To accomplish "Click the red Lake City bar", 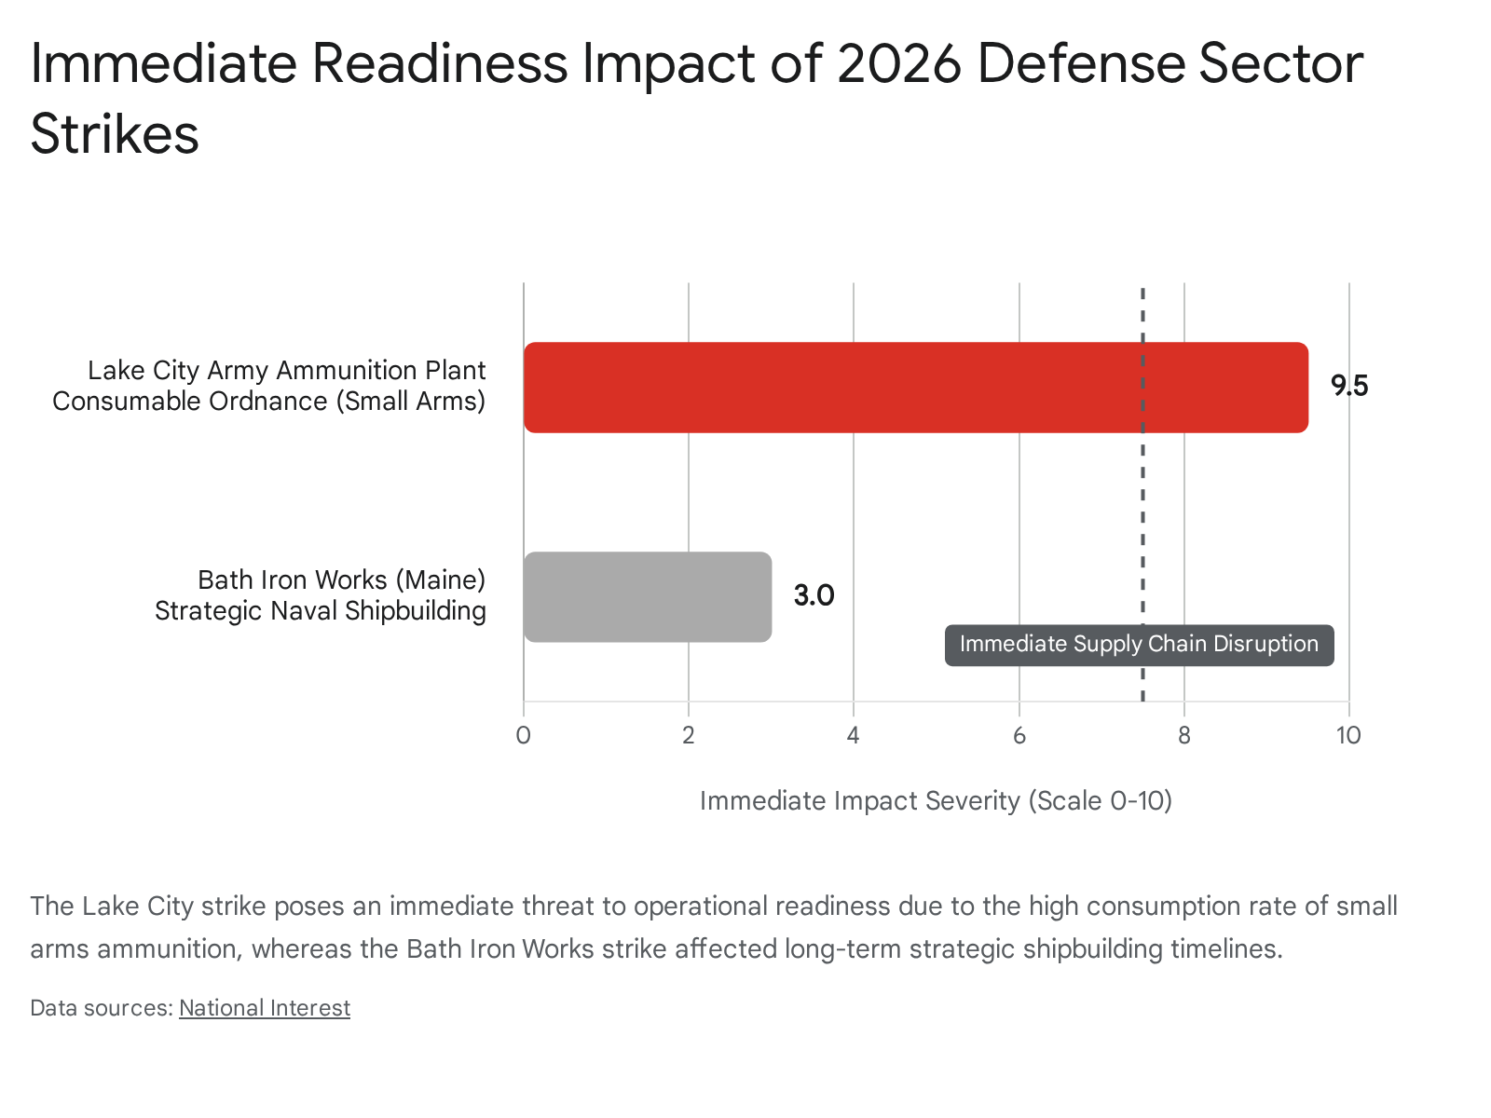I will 915,387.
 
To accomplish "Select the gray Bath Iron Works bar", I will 648,596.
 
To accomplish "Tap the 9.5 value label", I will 1348,386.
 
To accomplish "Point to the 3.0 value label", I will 814,595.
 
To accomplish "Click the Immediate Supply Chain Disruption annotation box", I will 1139,645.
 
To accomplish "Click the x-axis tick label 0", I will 523,735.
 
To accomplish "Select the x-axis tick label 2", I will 688,735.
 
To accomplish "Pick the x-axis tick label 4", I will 853,735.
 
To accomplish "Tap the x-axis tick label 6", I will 1019,735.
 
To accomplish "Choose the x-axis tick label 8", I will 1183,735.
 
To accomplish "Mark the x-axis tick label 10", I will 1347,735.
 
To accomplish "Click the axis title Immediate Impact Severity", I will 936,801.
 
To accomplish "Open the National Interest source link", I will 265,1008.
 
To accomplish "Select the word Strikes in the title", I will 115,134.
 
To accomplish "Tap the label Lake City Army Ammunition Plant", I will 286,370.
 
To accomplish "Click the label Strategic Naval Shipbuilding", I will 320,611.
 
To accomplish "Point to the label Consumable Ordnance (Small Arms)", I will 268,402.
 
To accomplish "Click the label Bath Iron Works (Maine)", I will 341,579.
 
